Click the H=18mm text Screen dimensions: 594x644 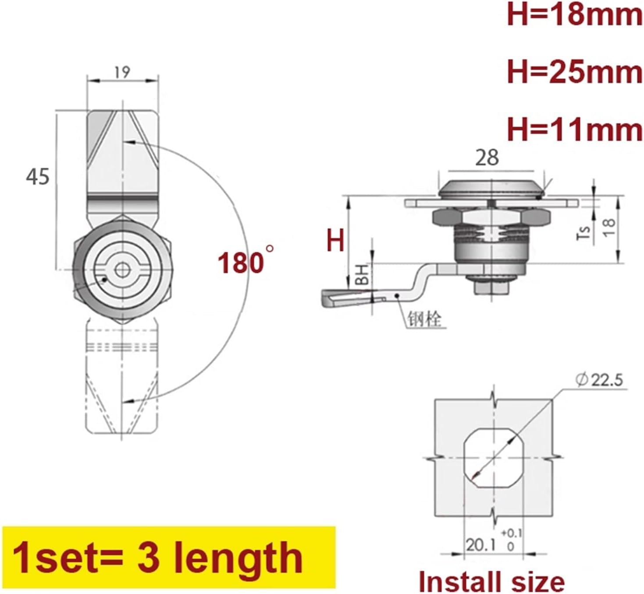point(574,15)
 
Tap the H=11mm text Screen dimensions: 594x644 point(574,130)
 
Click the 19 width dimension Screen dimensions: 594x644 point(122,72)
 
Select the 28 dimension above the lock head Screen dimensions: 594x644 point(487,158)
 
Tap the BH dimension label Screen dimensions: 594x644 point(362,275)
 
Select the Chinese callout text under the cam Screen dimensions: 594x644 point(424,319)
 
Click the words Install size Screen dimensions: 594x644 point(491,582)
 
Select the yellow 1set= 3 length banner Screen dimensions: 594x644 point(169,557)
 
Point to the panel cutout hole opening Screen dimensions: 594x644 point(493,458)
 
